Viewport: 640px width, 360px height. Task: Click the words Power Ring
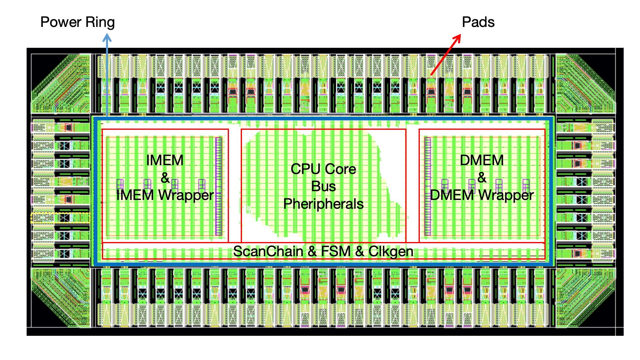[77, 22]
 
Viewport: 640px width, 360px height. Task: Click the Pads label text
[478, 22]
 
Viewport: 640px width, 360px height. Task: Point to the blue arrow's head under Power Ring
[107, 38]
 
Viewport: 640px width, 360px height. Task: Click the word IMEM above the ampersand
[165, 160]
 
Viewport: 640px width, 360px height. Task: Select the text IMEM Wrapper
[165, 195]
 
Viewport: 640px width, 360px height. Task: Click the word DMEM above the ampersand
[482, 160]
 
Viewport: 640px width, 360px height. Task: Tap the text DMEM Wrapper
[482, 195]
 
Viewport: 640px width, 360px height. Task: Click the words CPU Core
[323, 169]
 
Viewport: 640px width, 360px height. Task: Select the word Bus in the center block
[323, 186]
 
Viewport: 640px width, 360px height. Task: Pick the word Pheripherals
[323, 204]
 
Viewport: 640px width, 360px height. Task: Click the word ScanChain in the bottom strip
[268, 251]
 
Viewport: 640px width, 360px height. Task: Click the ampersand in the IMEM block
[165, 178]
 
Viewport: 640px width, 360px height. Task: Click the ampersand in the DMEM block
[482, 178]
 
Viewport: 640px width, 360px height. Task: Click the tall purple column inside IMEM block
[218, 186]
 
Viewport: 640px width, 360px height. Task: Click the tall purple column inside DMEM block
[427, 186]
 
